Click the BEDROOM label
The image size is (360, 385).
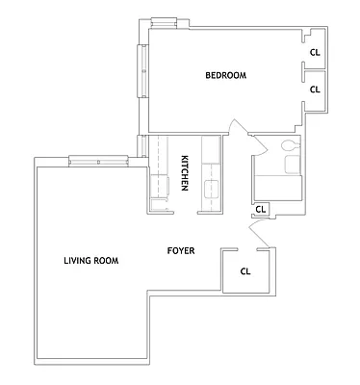[x=226, y=76]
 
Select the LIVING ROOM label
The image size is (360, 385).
[x=90, y=260]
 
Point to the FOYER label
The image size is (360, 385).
[x=181, y=251]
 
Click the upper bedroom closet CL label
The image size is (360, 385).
[x=315, y=54]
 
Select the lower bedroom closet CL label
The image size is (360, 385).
[x=315, y=89]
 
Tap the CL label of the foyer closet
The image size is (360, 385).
[x=245, y=271]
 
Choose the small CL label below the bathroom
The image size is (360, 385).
[x=261, y=208]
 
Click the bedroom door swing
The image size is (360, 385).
[x=237, y=131]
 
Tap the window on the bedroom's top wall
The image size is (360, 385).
[x=165, y=19]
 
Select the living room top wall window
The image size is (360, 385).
[x=98, y=159]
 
